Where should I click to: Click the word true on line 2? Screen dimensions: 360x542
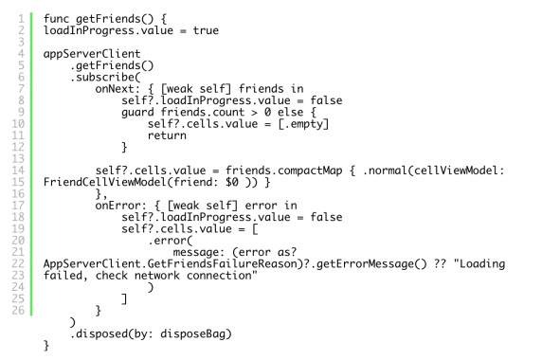[x=205, y=31]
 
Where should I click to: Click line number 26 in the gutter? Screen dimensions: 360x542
[x=20, y=310]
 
